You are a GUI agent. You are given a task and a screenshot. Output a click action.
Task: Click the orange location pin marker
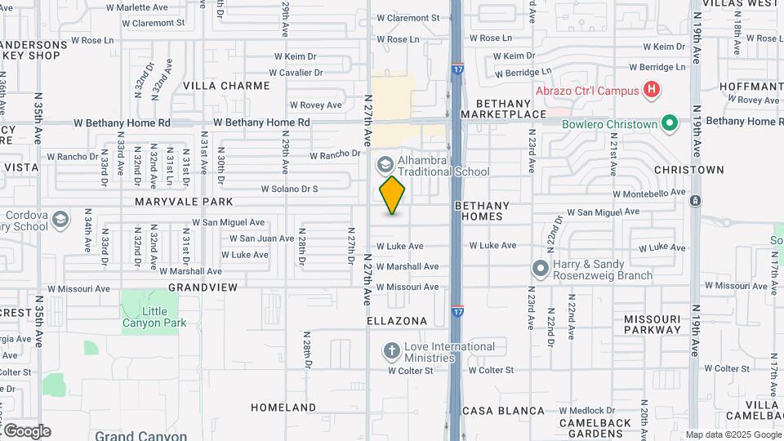[x=393, y=195]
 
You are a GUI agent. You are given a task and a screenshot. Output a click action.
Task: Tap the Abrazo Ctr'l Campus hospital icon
[x=651, y=89]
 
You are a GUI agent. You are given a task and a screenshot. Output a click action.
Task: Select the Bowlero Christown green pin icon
[x=670, y=124]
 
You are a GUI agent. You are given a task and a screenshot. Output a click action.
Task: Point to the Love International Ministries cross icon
[x=392, y=351]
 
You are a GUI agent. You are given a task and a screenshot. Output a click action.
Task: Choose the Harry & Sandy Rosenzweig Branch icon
[x=540, y=269]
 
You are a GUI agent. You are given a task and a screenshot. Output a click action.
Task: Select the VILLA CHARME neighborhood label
[x=226, y=86]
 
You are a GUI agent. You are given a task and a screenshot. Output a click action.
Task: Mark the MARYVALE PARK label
[x=184, y=202]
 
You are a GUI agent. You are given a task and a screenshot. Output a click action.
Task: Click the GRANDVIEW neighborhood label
[x=203, y=287]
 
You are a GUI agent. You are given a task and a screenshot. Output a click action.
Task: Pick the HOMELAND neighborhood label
[x=283, y=408]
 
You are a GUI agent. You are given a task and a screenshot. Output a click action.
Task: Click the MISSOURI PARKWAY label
[x=653, y=324]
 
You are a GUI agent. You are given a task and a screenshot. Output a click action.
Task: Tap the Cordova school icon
[x=60, y=220]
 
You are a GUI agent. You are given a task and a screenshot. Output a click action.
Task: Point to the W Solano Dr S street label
[x=289, y=189]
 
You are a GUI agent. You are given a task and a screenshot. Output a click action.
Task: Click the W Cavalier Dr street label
[x=298, y=73]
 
